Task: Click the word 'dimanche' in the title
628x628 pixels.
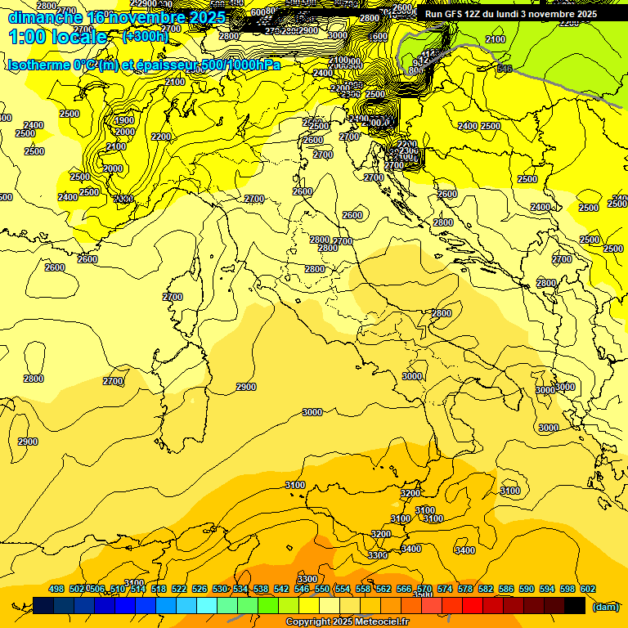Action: pyautogui.click(x=44, y=17)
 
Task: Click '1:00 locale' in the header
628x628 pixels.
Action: pyautogui.click(x=57, y=37)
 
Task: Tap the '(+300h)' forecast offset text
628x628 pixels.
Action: pyautogui.click(x=146, y=36)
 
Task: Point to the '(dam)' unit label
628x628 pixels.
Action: pyautogui.click(x=604, y=606)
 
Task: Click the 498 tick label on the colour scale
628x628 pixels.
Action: pyautogui.click(x=56, y=589)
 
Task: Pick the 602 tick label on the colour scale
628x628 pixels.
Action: pyautogui.click(x=588, y=589)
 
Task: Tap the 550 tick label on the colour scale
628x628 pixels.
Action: pyautogui.click(x=322, y=589)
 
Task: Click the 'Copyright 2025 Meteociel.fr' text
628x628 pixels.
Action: pyautogui.click(x=347, y=622)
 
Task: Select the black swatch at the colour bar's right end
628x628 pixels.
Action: pyautogui.click(x=575, y=605)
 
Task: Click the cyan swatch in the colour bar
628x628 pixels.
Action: pyautogui.click(x=207, y=605)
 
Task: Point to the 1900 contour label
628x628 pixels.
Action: pyautogui.click(x=124, y=120)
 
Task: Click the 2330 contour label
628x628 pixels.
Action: pyautogui.click(x=123, y=199)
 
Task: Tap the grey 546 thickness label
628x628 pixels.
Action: pyautogui.click(x=505, y=69)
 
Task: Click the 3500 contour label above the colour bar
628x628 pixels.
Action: pyautogui.click(x=423, y=594)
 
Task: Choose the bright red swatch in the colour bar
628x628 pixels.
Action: pyautogui.click(x=473, y=605)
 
